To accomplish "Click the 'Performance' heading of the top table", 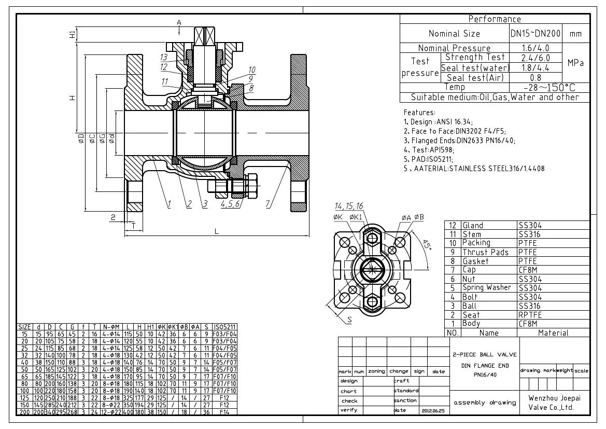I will click(x=495, y=19).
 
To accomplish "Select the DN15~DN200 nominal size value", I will click(x=535, y=34).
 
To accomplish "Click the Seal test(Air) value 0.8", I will click(x=535, y=78).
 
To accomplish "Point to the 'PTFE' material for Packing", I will click(x=528, y=243).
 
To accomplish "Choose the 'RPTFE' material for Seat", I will click(x=530, y=315).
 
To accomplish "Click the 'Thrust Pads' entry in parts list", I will click(x=485, y=252).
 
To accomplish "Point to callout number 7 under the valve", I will click(x=268, y=204).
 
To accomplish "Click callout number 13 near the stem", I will click(x=164, y=57).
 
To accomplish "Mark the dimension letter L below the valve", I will click(x=217, y=231).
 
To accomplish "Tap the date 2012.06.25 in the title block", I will click(x=430, y=410).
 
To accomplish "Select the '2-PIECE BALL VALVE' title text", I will click(x=484, y=355).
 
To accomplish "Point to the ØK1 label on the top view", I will click(x=355, y=217).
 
